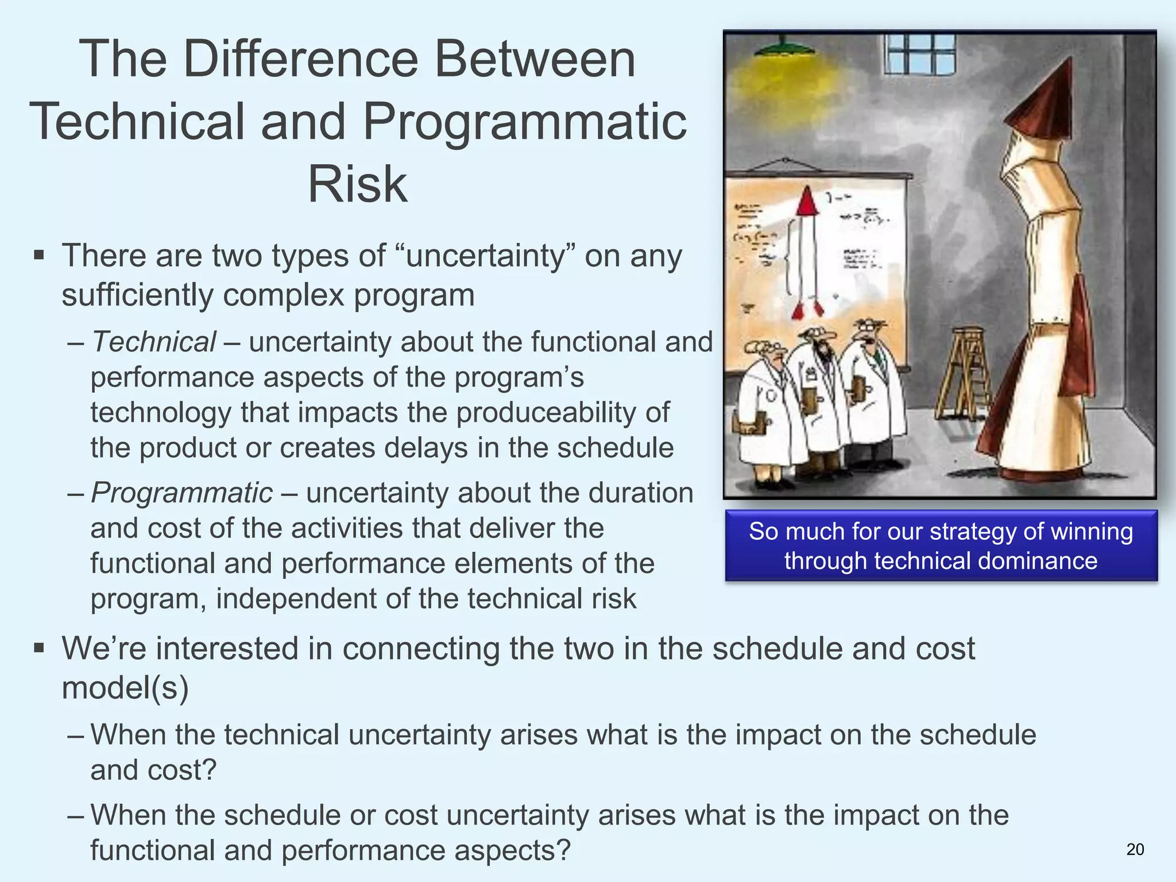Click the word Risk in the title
[x=358, y=184]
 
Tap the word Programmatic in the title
[x=524, y=121]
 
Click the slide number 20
[x=1135, y=849]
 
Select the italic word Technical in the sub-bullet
[x=154, y=342]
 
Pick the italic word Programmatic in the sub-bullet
[x=181, y=493]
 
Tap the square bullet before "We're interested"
[x=39, y=648]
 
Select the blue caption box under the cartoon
[x=941, y=546]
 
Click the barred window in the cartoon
[x=919, y=53]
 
